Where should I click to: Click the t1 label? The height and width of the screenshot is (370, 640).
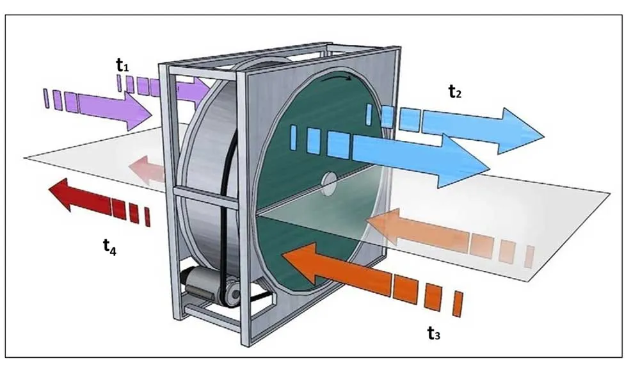(122, 65)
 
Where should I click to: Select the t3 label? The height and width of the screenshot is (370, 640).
(434, 333)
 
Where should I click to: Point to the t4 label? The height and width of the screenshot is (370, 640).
(109, 246)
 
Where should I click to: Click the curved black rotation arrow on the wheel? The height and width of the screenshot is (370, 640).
(336, 77)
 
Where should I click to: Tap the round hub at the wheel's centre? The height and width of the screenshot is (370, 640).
(328, 183)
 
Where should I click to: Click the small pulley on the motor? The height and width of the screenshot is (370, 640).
(232, 293)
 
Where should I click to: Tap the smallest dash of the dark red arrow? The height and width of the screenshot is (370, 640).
(147, 217)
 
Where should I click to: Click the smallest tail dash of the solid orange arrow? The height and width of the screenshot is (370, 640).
(458, 304)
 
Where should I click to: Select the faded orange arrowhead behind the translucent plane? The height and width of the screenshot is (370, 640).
(383, 224)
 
